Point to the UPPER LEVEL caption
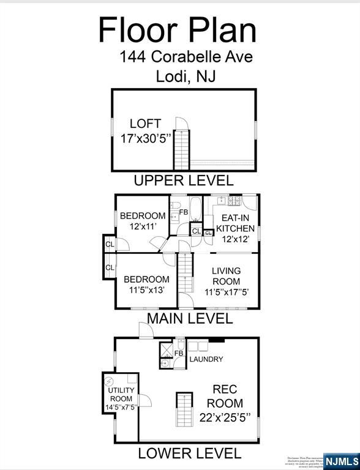pyautogui.click(x=184, y=181)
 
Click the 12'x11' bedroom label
pyautogui.click(x=143, y=220)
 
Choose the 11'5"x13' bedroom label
pyautogui.click(x=146, y=285)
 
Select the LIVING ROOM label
pyautogui.click(x=226, y=281)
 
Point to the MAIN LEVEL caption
pyautogui.click(x=189, y=319)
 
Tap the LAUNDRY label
pyautogui.click(x=206, y=359)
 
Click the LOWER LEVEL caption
pyautogui.click(x=189, y=453)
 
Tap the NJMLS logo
pyautogui.click(x=342, y=461)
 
